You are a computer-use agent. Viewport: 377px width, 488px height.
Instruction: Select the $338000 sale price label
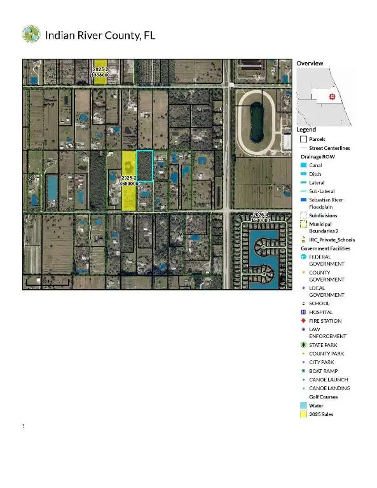pyautogui.click(x=102, y=74)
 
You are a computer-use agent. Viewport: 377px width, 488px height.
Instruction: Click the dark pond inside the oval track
pyautogui.click(x=256, y=121)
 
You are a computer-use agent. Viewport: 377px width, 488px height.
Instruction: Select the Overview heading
pyautogui.click(x=310, y=64)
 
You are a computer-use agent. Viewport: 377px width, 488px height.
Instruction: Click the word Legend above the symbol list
pyautogui.click(x=306, y=130)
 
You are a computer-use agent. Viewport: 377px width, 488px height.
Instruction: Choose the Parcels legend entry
pyautogui.click(x=319, y=139)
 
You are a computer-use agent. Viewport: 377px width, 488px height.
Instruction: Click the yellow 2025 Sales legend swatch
pyautogui.click(x=303, y=414)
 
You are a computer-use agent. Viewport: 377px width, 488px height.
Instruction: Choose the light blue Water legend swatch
pyautogui.click(x=303, y=405)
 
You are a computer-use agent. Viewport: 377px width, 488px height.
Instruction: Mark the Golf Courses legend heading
pyautogui.click(x=319, y=396)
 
